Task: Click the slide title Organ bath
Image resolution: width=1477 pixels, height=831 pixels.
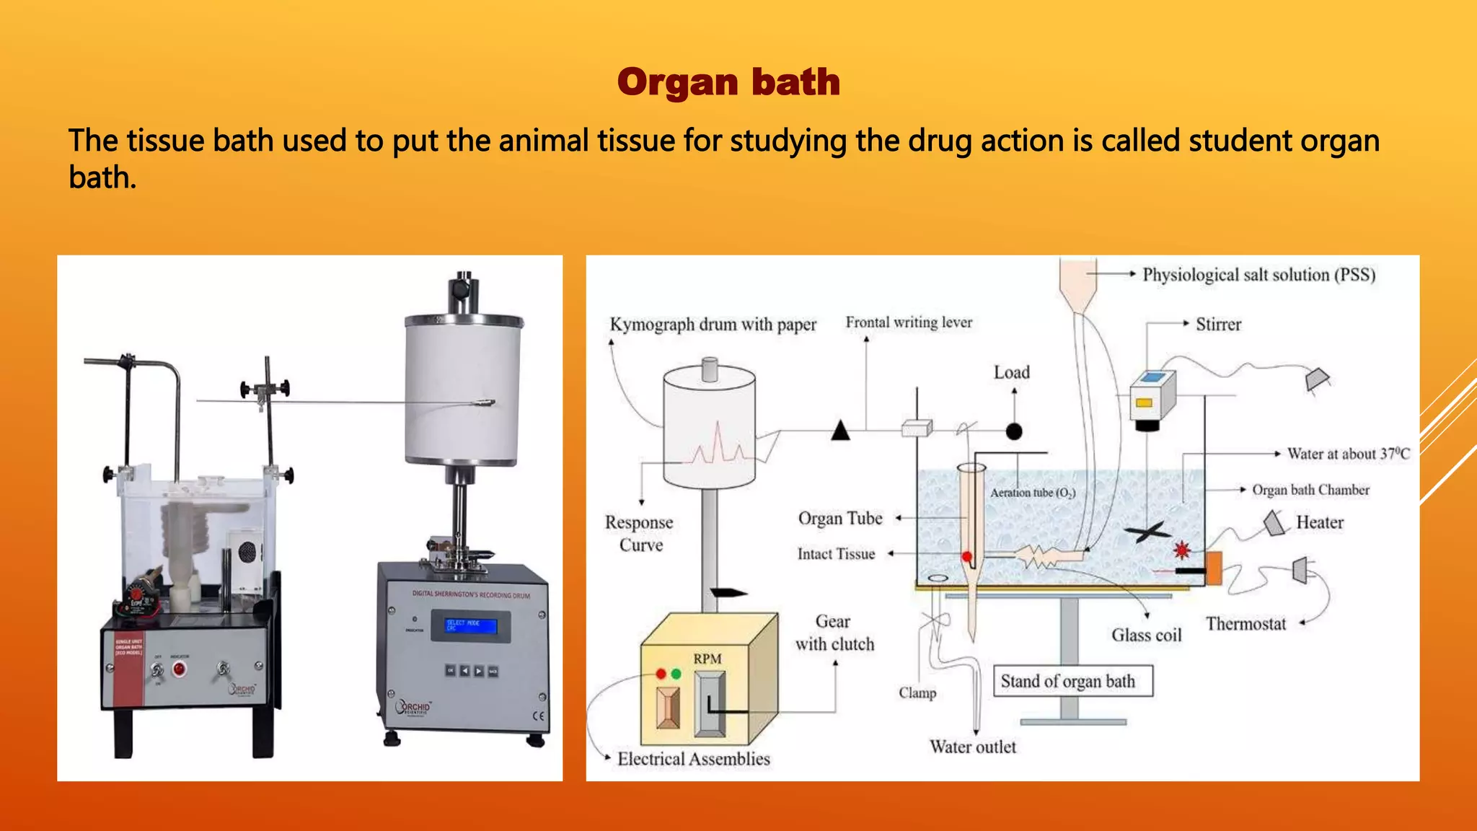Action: (728, 82)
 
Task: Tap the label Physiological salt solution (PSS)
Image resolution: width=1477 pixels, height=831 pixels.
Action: (1258, 275)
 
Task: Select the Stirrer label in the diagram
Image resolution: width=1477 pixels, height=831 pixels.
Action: (1218, 325)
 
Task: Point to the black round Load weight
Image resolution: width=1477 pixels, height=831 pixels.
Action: (1014, 431)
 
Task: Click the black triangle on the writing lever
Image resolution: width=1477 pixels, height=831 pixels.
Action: (840, 431)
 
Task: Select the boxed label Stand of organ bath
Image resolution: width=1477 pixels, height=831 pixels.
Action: (1072, 681)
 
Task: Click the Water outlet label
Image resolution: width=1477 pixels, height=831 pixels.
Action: (972, 747)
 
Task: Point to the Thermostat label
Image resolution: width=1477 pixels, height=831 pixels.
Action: (1245, 624)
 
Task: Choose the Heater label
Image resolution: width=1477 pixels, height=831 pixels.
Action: (1319, 522)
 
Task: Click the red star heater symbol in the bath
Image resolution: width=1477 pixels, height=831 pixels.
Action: (1181, 550)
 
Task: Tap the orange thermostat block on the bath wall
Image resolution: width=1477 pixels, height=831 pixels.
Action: (1213, 568)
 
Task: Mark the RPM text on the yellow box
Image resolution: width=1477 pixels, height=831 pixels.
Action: (707, 659)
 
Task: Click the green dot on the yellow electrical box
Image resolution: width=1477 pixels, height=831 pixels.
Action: (676, 674)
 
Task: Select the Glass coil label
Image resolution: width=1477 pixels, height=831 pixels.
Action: (1146, 635)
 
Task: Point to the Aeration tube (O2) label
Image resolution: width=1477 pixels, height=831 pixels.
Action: (1032, 493)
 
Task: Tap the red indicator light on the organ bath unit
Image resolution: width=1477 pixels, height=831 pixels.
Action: (179, 669)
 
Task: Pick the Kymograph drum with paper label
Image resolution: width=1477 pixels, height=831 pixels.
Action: (713, 325)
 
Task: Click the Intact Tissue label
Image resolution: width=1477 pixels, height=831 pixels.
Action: (836, 554)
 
